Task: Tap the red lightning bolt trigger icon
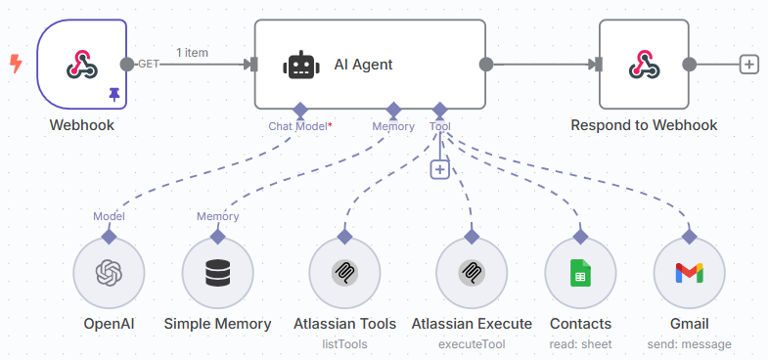(15, 64)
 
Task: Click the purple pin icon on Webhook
(114, 94)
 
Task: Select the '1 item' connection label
(192, 52)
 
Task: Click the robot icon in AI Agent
(300, 65)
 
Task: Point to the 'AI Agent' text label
(363, 65)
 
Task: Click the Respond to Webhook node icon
(644, 65)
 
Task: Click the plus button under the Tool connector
(440, 169)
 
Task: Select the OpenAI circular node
(109, 273)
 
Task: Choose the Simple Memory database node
(217, 273)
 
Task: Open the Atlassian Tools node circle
(344, 273)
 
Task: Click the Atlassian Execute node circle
(472, 273)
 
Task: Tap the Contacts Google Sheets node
(581, 273)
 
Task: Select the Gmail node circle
(689, 273)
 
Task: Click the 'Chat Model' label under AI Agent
(298, 126)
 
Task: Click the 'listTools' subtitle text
(344, 344)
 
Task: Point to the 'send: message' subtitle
(689, 344)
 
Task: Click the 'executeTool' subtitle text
(472, 344)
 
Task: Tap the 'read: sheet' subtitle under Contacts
(581, 344)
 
